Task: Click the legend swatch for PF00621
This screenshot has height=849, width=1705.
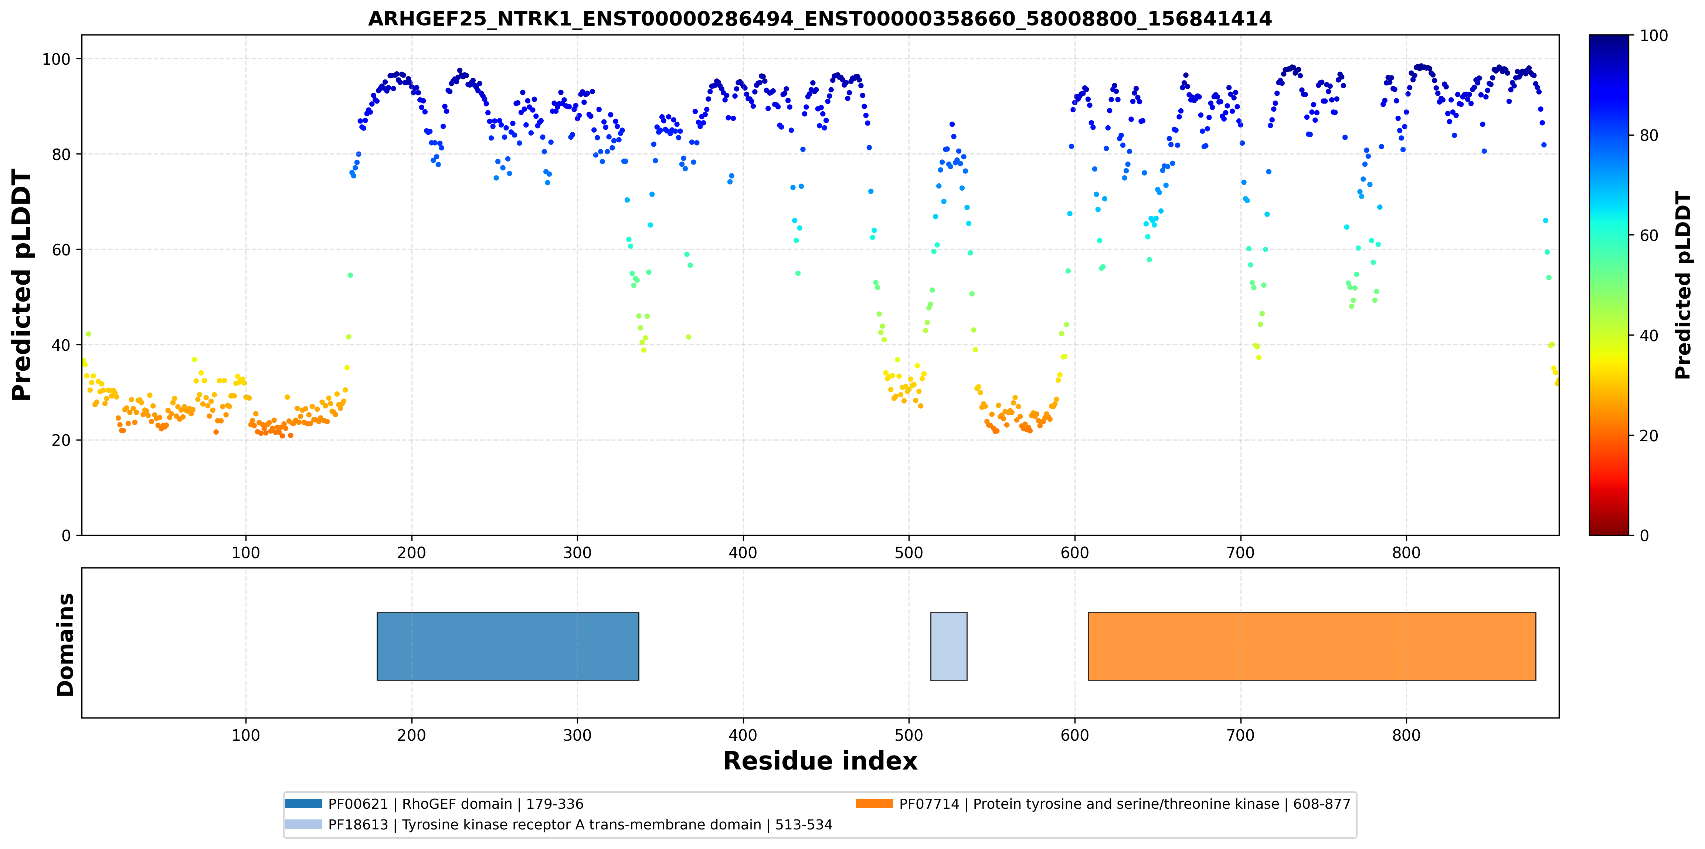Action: click(x=303, y=803)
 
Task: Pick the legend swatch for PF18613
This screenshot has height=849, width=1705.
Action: click(x=303, y=824)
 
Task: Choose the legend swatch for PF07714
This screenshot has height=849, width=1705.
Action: click(x=874, y=803)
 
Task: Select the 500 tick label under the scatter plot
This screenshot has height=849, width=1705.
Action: click(x=909, y=553)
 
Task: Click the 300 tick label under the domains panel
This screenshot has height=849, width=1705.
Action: click(x=577, y=735)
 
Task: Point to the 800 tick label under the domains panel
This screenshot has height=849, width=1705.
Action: click(x=1406, y=735)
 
